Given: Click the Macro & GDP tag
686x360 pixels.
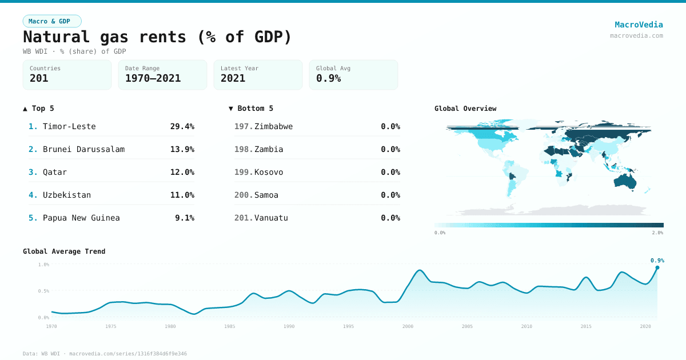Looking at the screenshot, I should (x=52, y=21).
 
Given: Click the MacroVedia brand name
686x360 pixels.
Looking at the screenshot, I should (x=639, y=25).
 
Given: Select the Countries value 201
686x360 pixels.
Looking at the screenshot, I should (x=39, y=78).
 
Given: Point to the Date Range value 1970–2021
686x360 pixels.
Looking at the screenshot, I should (x=153, y=78).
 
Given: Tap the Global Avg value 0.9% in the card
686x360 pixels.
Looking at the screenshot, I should (x=328, y=78).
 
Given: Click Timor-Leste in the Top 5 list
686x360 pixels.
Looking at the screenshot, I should (x=69, y=126).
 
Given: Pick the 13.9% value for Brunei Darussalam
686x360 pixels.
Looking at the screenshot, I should (x=182, y=149).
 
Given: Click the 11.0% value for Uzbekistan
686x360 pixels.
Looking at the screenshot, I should (x=182, y=195).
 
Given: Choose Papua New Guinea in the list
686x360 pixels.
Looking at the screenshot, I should (x=81, y=218).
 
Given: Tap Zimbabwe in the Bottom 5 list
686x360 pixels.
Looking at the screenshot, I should (x=273, y=126).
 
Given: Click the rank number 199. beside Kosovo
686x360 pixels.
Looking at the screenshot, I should (x=244, y=172).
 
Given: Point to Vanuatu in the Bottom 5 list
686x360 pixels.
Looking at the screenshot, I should (x=271, y=218).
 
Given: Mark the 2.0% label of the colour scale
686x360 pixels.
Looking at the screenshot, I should (x=657, y=233).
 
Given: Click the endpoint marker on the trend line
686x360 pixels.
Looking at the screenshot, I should (x=657, y=267).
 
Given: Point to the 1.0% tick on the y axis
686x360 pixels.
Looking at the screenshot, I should (x=43, y=265).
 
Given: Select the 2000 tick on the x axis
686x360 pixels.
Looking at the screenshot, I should (x=408, y=326).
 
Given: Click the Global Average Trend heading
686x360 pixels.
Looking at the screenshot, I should (x=64, y=251).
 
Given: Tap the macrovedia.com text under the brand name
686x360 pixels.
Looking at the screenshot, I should (x=636, y=35).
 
